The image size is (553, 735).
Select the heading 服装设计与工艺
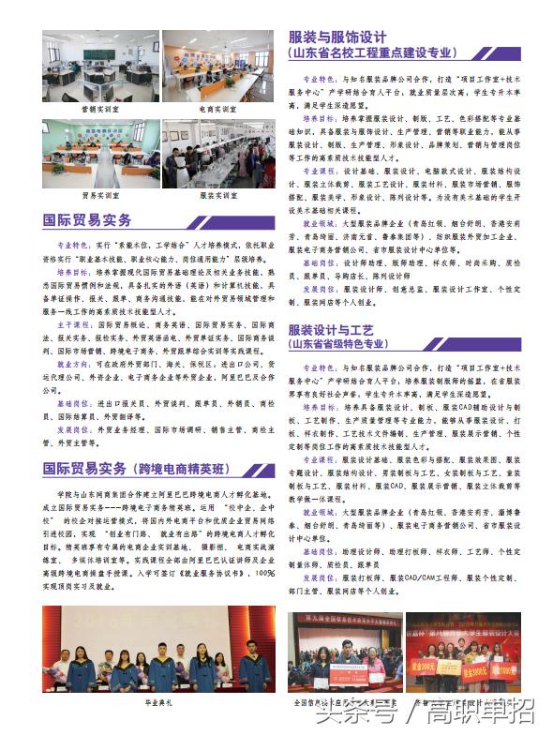pyautogui.click(x=331, y=331)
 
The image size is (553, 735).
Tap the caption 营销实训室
pyautogui.click(x=100, y=109)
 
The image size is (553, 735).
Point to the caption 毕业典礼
pyautogui.click(x=157, y=700)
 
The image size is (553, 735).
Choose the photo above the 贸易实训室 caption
pyautogui.click(x=100, y=154)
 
